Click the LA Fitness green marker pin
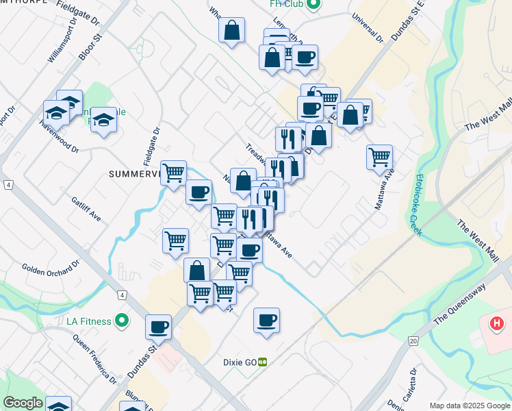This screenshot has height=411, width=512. [x=122, y=320]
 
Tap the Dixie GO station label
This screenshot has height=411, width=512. [x=240, y=362]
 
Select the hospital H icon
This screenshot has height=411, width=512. [x=498, y=323]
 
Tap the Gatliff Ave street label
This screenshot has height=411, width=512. [x=86, y=209]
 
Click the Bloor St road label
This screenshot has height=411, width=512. [x=90, y=45]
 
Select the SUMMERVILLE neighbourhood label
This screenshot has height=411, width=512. [x=134, y=174]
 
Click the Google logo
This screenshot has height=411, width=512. [x=23, y=403]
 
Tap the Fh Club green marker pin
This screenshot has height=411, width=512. [x=313, y=5]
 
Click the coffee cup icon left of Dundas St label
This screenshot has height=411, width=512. [x=158, y=326]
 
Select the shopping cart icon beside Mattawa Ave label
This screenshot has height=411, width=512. [x=379, y=157]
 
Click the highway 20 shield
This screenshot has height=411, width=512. [x=413, y=340]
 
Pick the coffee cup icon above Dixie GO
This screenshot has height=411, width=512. [x=266, y=320]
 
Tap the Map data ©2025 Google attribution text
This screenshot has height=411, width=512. [x=470, y=406]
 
